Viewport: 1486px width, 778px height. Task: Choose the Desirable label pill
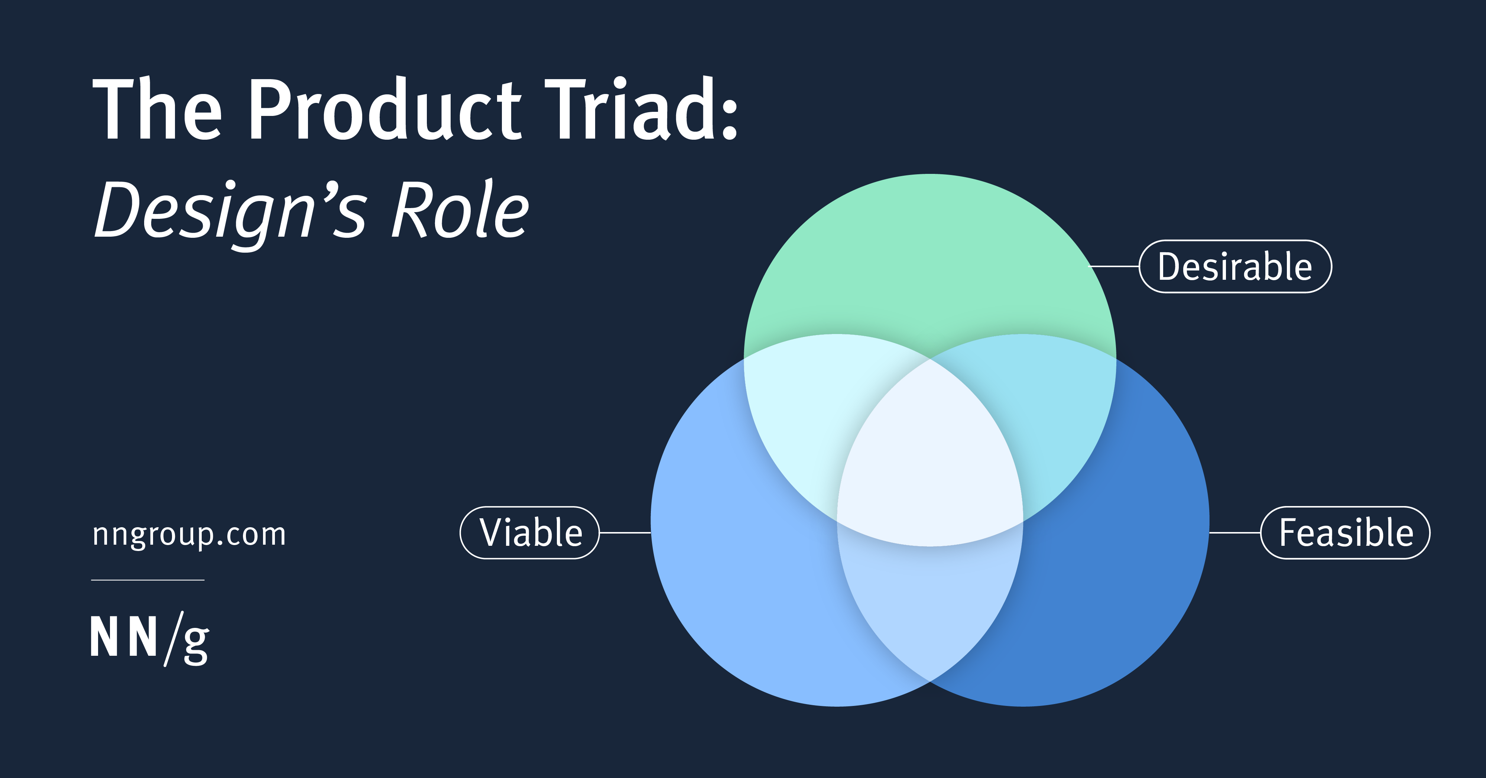[1235, 266]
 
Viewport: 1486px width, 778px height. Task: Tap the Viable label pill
[529, 532]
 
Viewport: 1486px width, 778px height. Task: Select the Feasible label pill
[1345, 532]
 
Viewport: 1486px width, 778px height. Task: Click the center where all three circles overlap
[930, 461]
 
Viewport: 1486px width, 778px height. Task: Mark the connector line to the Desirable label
[1113, 266]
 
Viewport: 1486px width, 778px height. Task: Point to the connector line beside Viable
[625, 533]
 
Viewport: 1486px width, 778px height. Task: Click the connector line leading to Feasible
[1234, 533]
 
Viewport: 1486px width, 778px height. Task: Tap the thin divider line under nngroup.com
[148, 580]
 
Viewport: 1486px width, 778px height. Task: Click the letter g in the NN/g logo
[196, 645]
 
